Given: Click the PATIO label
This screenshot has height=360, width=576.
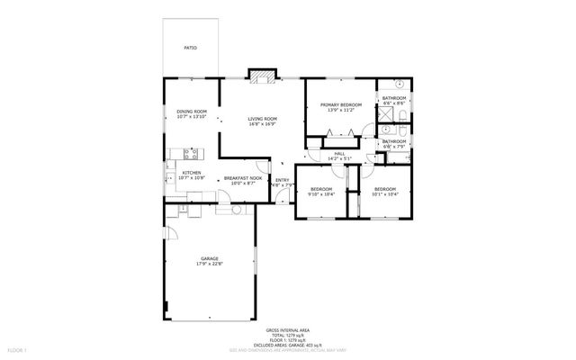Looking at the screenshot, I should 190,47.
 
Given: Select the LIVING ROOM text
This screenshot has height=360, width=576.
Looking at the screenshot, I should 262,119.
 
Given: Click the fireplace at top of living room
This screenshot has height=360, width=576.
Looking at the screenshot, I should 262,76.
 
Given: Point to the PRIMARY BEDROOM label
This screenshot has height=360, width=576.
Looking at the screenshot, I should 340,105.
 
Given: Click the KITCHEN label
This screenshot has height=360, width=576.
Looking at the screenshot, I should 192,174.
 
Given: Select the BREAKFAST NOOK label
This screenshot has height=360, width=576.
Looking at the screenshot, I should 243,179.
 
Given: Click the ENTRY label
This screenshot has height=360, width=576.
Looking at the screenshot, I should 283,181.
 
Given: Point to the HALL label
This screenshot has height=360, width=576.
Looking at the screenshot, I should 340,154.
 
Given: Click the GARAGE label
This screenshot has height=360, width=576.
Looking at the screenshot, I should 210,258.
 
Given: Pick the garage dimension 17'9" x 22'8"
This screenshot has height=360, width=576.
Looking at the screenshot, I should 210,264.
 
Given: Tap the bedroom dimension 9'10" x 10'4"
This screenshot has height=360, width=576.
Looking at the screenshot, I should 321,194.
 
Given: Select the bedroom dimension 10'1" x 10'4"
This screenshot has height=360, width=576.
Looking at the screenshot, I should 385,194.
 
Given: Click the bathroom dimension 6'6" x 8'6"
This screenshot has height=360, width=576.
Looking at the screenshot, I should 394,103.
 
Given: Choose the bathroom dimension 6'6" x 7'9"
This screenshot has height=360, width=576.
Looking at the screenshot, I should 394,146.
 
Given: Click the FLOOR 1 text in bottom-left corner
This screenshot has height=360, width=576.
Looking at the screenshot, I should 18,348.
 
